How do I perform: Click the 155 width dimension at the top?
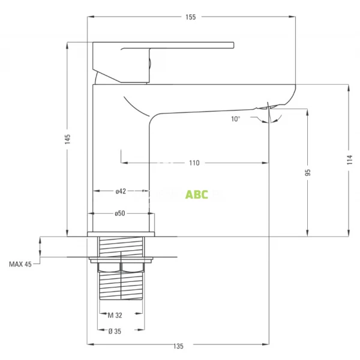[190, 17]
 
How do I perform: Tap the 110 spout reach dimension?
[194, 163]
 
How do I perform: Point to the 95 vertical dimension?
[308, 172]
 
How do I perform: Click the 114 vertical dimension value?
[349, 170]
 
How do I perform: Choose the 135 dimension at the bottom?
[178, 346]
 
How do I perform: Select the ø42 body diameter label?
[121, 191]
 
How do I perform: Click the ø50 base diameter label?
[121, 214]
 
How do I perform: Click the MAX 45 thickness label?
[20, 263]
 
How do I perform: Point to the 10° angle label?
[235, 119]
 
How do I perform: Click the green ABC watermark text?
[197, 194]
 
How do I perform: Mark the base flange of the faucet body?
[121, 233]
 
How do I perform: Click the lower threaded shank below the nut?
[121, 285]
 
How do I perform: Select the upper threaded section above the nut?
[121, 246]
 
